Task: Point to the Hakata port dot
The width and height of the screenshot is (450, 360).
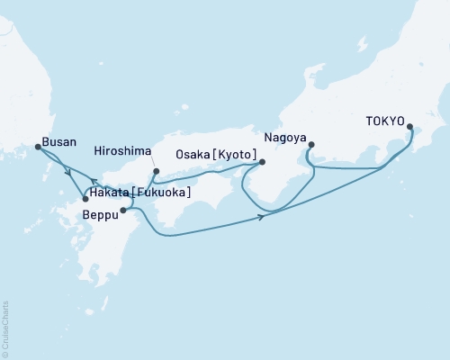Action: pos(85,198)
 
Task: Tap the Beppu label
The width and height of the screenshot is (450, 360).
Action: pos(98,217)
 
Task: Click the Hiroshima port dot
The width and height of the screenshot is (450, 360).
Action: pos(156,171)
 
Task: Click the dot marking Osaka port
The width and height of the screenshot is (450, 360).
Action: pos(262,163)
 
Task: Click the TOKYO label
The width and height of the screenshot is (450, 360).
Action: pos(384,121)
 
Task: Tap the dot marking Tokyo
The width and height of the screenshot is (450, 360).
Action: pos(410,127)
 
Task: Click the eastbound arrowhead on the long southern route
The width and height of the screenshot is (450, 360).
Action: pos(261,217)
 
